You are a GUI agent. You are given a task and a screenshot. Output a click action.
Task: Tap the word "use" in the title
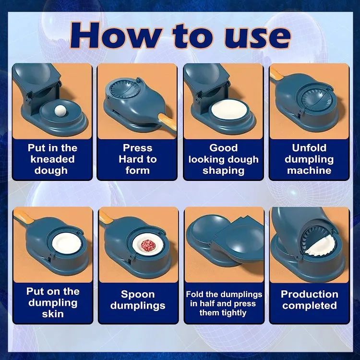[257, 35]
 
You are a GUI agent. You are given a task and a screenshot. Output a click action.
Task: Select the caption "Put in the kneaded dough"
[52, 159]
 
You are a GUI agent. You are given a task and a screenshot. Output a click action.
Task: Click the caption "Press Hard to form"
[137, 159]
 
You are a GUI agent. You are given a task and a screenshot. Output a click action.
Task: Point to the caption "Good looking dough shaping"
[223, 159]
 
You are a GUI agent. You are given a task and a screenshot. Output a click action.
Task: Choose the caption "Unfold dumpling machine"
[309, 159]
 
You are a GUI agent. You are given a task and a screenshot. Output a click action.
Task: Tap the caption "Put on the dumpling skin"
[52, 302]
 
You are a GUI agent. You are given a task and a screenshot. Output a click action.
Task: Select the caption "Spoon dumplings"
[138, 300]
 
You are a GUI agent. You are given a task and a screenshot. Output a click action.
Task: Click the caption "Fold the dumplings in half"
[224, 303]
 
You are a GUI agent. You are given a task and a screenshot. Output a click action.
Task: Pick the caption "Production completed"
[309, 300]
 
